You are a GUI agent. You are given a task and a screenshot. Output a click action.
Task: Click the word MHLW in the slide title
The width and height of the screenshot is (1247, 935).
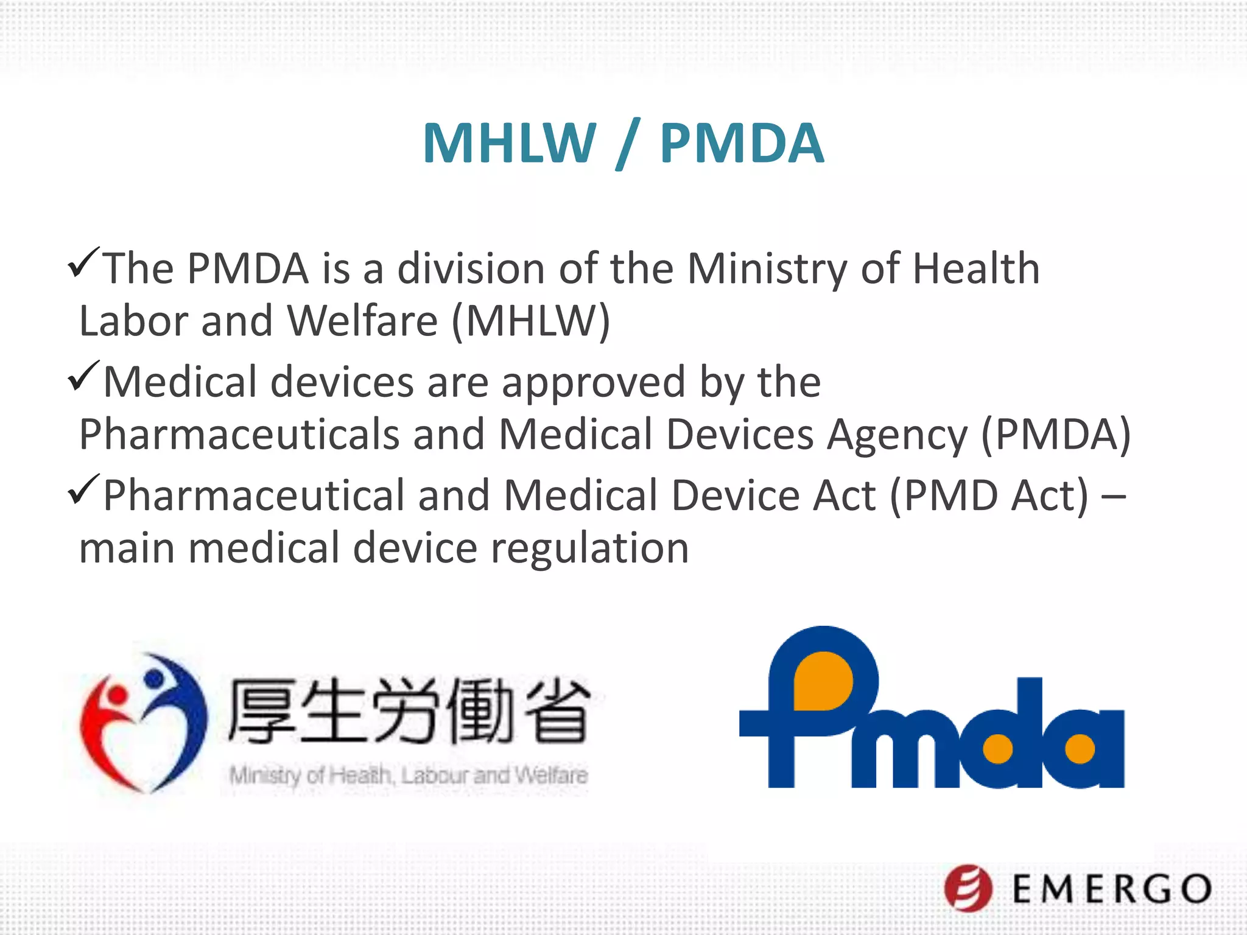(x=509, y=144)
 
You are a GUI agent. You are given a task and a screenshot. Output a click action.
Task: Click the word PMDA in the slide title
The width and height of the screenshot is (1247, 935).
(x=742, y=144)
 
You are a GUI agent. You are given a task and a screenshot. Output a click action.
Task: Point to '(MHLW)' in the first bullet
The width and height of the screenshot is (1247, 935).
(x=530, y=321)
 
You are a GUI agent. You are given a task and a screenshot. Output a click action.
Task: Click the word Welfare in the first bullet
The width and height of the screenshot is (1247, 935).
(x=362, y=321)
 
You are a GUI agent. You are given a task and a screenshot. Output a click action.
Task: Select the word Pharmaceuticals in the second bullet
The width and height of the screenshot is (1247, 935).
(x=239, y=435)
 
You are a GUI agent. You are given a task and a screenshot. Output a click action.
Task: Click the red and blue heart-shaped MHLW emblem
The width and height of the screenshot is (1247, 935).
(x=144, y=723)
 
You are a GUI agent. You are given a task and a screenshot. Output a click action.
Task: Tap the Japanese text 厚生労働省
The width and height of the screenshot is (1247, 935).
(x=409, y=711)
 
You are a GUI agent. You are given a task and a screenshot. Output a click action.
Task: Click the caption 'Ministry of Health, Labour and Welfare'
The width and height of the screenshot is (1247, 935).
(x=409, y=776)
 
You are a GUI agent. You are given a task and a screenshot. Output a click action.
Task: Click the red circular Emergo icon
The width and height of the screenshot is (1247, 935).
(x=968, y=888)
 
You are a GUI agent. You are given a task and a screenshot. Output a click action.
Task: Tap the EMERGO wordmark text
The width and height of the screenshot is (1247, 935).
(x=1112, y=889)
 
